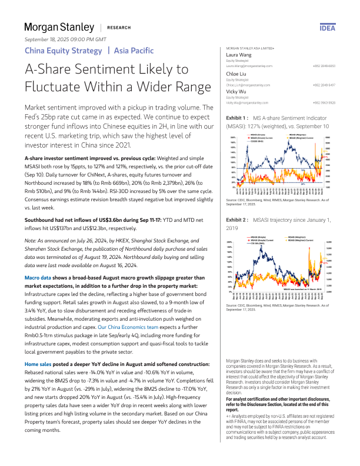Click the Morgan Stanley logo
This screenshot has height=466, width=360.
pyautogui.click(x=59, y=27)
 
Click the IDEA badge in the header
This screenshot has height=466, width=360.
pyautogui.click(x=328, y=28)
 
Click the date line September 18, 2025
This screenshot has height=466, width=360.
pyautogui.click(x=65, y=39)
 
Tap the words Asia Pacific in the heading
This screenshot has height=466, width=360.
pyautogui.click(x=134, y=51)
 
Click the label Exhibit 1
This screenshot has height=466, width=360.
pyautogui.click(x=238, y=118)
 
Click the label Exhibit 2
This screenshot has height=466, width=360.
pyautogui.click(x=238, y=219)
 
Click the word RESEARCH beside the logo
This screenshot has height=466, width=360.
pyautogui.click(x=119, y=28)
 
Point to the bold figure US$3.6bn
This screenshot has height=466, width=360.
pyautogui.click(x=122, y=203)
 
